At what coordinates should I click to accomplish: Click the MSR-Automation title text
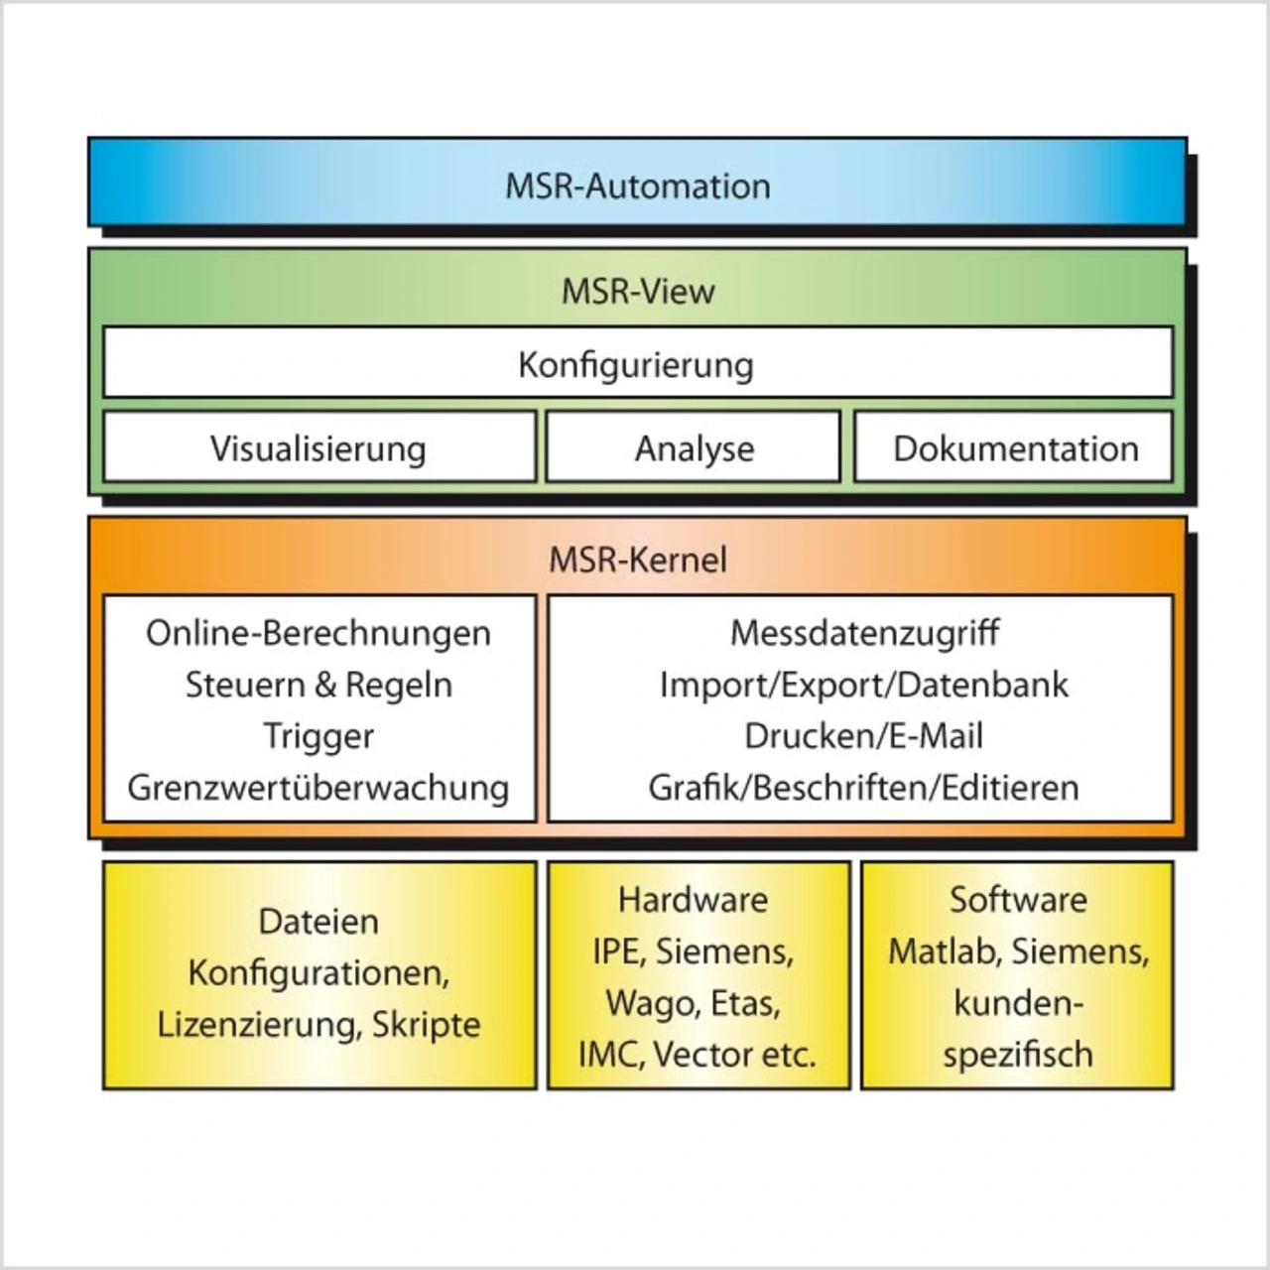point(637,186)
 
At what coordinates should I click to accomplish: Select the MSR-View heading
point(638,291)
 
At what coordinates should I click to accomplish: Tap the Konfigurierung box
point(636,364)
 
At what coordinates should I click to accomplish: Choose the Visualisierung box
point(318,448)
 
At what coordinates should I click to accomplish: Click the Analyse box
point(694,448)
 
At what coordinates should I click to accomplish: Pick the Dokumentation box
point(1015,448)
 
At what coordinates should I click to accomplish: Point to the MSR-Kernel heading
point(638,560)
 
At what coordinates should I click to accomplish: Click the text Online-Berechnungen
point(318,633)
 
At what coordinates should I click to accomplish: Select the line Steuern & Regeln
point(318,685)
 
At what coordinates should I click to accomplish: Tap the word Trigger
point(318,736)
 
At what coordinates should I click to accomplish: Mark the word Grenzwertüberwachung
point(318,788)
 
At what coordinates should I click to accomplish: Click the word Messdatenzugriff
point(864,633)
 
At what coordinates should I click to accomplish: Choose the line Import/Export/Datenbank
point(864,685)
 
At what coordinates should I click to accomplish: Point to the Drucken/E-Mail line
point(864,736)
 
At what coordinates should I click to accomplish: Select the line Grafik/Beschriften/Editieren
point(864,788)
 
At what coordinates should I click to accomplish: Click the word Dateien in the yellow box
point(318,921)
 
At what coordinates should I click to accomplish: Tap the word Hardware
point(693,900)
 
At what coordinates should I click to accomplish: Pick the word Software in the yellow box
point(1018,900)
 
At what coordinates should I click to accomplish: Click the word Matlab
point(944,952)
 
